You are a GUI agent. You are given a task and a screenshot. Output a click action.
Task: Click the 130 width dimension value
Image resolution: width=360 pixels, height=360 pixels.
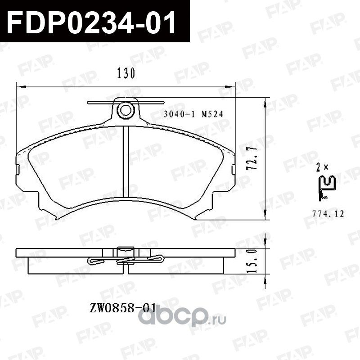[126, 73]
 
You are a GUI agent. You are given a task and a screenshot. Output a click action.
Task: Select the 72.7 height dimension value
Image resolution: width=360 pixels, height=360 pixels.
[253, 158]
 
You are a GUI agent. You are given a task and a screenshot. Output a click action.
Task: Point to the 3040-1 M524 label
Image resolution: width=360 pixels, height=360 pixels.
[193, 114]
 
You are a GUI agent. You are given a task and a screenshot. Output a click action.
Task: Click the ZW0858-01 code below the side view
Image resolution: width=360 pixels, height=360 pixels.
[123, 308]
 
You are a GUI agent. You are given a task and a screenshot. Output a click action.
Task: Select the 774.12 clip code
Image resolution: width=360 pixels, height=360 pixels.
[328, 214]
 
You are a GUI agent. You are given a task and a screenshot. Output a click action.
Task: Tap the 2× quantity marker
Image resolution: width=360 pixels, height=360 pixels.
[322, 167]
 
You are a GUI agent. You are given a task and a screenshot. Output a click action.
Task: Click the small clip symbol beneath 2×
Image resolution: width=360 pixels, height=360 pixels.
[327, 188]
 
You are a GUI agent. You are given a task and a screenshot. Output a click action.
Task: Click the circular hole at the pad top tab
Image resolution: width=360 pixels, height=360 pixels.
[126, 109]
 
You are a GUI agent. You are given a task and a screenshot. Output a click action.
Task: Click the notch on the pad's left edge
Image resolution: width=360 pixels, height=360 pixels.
[18, 170]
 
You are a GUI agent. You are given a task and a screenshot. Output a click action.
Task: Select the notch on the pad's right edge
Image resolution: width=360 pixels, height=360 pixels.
[234, 170]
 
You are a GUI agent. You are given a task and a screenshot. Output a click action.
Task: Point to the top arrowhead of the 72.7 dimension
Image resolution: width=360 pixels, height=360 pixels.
[265, 102]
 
